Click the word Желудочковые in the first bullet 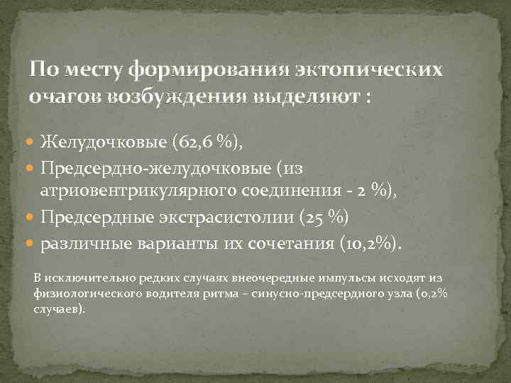[x=102, y=142]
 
